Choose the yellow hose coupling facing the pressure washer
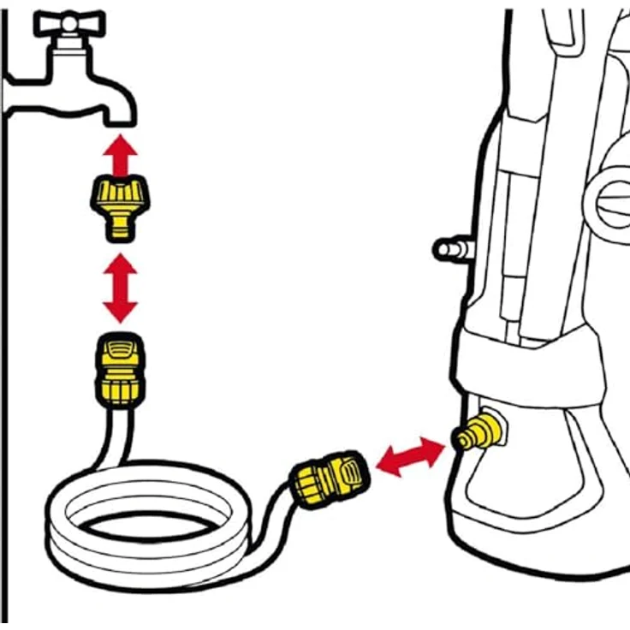pos(330,480)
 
